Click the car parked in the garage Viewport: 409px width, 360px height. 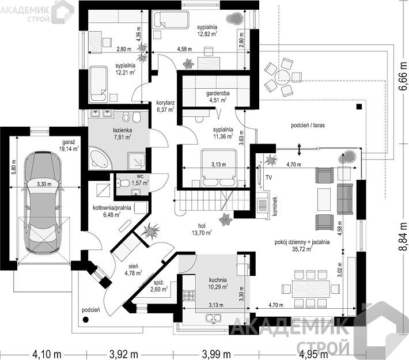pyautogui.click(x=43, y=202)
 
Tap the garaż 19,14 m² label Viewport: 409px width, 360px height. pyautogui.click(x=69, y=146)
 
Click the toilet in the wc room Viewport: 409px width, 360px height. pyautogui.click(x=123, y=183)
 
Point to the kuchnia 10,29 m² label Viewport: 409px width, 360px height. pyautogui.click(x=218, y=283)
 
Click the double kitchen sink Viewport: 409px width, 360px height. pyautogui.click(x=213, y=318)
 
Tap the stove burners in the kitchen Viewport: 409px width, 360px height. pyautogui.click(x=190, y=295)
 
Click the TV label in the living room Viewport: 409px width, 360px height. pyautogui.click(x=268, y=177)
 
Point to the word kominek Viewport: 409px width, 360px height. pyautogui.click(x=274, y=206)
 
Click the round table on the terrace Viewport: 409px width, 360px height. pyautogui.click(x=282, y=76)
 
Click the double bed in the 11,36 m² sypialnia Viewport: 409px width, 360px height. pyautogui.click(x=219, y=167)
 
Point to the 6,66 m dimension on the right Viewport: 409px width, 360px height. pyautogui.click(x=403, y=77)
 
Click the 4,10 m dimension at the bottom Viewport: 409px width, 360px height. pyautogui.click(x=47, y=354)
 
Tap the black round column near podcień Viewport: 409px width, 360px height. pyautogui.click(x=85, y=319)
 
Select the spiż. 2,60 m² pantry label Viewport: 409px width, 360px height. pyautogui.click(x=159, y=286)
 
